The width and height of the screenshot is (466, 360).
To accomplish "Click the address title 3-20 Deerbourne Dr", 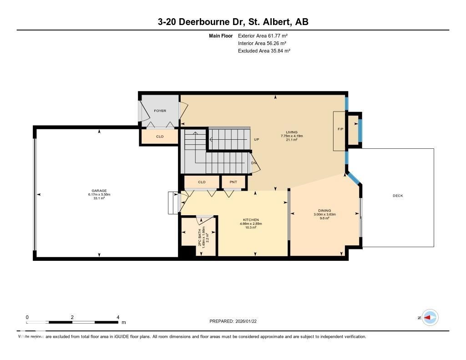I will coord(233,22).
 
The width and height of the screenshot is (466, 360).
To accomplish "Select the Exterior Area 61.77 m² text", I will coord(263,35).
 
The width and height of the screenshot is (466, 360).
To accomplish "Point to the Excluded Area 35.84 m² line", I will coord(264,51).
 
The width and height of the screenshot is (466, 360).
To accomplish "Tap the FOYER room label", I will coord(160,111).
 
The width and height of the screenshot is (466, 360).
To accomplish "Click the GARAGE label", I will coord(99,191).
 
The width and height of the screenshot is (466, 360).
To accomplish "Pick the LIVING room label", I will coord(292,132).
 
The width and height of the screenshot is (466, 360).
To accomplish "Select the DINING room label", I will coord(324,211).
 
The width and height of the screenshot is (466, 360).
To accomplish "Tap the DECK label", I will coord(398,196).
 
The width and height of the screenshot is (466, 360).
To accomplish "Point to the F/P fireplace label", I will coord(340,129).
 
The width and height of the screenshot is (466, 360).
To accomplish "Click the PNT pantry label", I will coord(233,182).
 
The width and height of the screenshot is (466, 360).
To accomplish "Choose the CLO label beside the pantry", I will coord(202,182).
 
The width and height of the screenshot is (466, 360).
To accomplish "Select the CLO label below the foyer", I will coord(160,137).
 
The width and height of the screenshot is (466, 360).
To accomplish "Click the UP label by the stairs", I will coord(256,139).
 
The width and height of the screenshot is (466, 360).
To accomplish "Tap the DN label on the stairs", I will coord(253,163).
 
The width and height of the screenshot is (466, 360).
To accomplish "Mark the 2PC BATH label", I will coord(200,237).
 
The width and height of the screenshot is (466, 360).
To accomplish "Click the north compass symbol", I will coord(430,318).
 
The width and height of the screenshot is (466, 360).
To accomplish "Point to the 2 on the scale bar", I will coord(72,317).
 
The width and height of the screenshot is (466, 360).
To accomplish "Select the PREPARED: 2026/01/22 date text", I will coord(236,321).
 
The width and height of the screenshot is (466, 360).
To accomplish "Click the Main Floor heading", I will coord(221,35).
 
